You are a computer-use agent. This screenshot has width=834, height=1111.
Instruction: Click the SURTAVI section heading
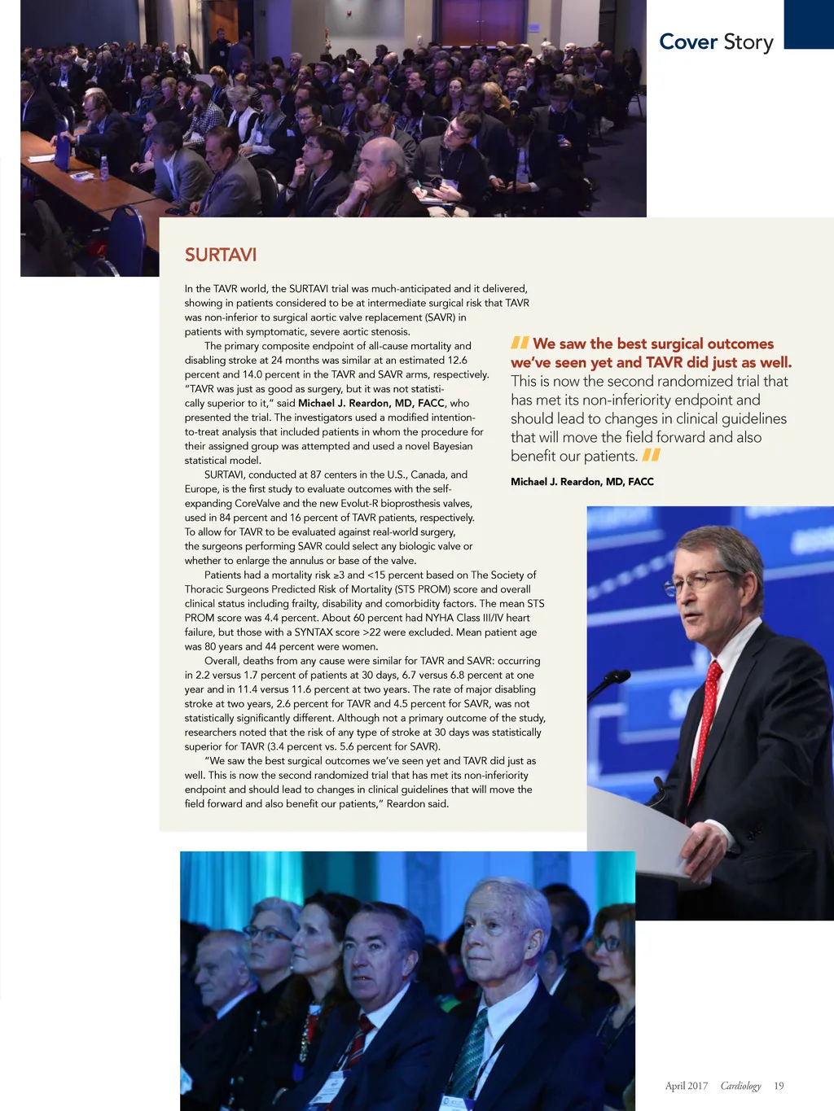(221, 255)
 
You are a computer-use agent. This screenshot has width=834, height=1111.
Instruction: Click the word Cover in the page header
(688, 42)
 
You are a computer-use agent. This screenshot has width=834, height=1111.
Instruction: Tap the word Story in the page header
(748, 42)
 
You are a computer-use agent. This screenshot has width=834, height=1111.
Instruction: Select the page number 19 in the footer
(779, 1086)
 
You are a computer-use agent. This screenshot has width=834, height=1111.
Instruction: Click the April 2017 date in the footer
(686, 1086)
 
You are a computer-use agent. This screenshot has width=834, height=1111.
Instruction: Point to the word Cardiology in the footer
(740, 1086)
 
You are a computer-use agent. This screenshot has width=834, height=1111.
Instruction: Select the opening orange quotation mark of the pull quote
(520, 343)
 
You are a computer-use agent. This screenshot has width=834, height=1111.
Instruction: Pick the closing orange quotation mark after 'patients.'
(651, 456)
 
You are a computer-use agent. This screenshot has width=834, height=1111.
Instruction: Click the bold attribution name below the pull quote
(582, 482)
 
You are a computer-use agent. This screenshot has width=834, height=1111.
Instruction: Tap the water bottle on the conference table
(104, 168)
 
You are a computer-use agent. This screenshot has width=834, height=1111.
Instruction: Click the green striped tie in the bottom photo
(470, 1054)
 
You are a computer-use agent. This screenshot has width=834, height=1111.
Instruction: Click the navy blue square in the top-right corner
(809, 24)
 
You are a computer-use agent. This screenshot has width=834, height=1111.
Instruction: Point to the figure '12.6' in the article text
(457, 360)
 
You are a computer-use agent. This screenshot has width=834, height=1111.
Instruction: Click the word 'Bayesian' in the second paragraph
(452, 446)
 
